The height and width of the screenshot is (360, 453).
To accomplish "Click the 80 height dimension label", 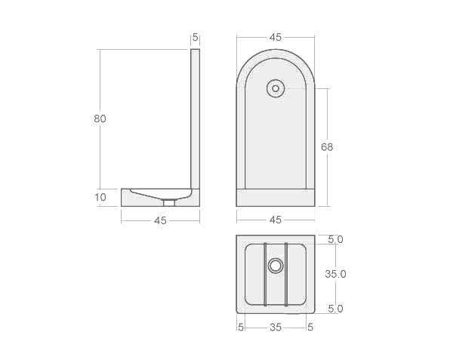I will [100, 118].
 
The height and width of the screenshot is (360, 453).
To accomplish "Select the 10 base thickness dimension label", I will [100, 198].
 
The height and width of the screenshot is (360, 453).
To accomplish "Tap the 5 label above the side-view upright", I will [196, 37].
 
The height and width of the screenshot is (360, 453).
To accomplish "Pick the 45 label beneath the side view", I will [160, 220].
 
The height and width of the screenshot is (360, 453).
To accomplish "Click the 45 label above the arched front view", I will [276, 37].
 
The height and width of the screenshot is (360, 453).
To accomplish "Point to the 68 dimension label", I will [327, 146].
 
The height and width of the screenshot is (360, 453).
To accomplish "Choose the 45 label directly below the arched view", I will [276, 220].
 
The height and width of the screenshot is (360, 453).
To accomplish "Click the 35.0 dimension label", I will [335, 274].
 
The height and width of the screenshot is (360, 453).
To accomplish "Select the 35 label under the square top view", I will [276, 327].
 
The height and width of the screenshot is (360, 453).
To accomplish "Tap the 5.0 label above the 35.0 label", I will [335, 239].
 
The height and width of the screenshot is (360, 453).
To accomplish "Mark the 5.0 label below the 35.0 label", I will [335, 309].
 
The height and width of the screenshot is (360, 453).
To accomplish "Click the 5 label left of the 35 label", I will [241, 327].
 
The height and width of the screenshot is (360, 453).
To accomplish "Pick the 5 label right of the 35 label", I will [310, 327].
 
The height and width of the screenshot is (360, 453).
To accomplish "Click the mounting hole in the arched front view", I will [276, 88].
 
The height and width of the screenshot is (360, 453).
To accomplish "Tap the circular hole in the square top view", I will [276, 266].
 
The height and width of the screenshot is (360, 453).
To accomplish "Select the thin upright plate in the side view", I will [196, 117].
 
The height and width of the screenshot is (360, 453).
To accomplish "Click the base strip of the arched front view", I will [276, 197].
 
